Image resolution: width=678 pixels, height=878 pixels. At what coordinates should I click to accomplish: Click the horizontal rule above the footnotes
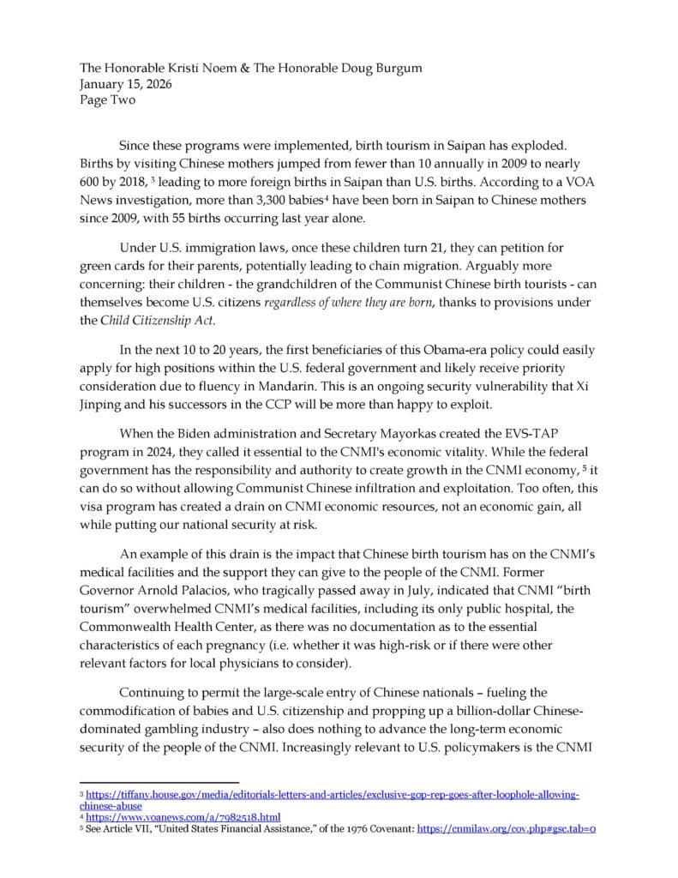pyautogui.click(x=158, y=782)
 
